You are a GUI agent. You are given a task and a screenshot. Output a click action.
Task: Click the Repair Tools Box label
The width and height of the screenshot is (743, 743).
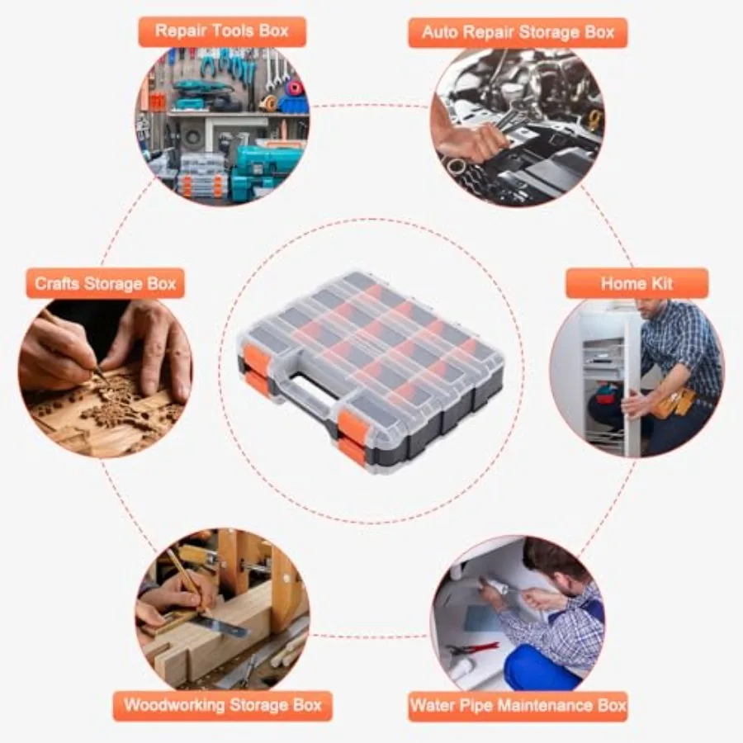tap(221, 31)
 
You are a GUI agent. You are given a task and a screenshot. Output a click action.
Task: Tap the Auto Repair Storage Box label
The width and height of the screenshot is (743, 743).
tap(518, 33)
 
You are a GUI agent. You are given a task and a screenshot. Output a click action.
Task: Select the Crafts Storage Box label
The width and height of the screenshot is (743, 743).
tap(105, 283)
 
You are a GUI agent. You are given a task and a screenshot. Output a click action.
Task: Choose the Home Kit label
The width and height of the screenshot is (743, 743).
tap(636, 283)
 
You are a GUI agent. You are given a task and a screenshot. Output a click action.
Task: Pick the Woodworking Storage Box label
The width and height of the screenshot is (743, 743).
tap(222, 706)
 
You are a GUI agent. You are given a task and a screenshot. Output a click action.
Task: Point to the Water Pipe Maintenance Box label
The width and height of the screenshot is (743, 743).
tap(518, 706)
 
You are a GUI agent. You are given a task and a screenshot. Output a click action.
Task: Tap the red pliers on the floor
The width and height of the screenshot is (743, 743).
tap(472, 649)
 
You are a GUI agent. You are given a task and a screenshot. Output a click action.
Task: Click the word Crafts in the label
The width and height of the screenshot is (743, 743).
tap(58, 283)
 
